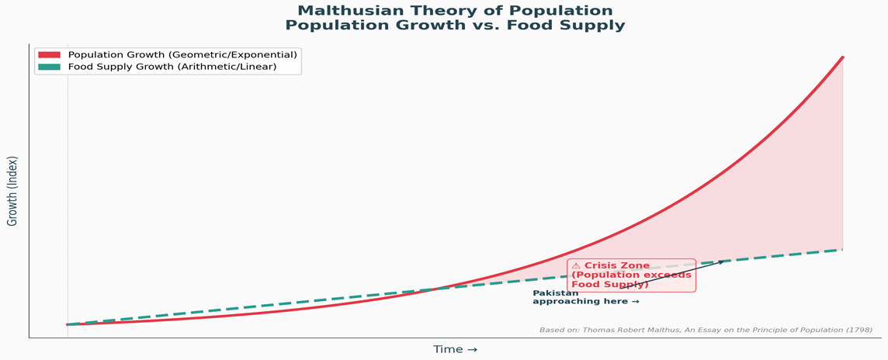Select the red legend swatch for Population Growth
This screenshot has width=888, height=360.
(x=49, y=55)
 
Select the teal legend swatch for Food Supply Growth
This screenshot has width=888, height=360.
(x=49, y=67)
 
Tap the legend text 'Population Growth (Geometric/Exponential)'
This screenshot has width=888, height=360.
(x=182, y=55)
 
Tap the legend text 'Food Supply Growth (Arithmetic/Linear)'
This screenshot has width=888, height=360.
(x=172, y=67)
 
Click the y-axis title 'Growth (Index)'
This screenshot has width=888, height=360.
(x=12, y=191)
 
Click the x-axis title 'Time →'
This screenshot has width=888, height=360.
(x=455, y=350)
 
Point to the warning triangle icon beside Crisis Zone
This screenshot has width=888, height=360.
(x=576, y=266)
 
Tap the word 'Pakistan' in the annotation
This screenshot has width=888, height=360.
(x=556, y=293)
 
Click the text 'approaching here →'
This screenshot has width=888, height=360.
(x=585, y=302)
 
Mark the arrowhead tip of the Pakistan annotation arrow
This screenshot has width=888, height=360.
(x=723, y=261)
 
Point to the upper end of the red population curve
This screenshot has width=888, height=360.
(x=843, y=57)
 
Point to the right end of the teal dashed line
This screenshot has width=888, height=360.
(x=842, y=250)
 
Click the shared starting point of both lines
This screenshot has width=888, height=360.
(x=68, y=324)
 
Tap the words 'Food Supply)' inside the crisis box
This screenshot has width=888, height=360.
(x=610, y=285)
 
